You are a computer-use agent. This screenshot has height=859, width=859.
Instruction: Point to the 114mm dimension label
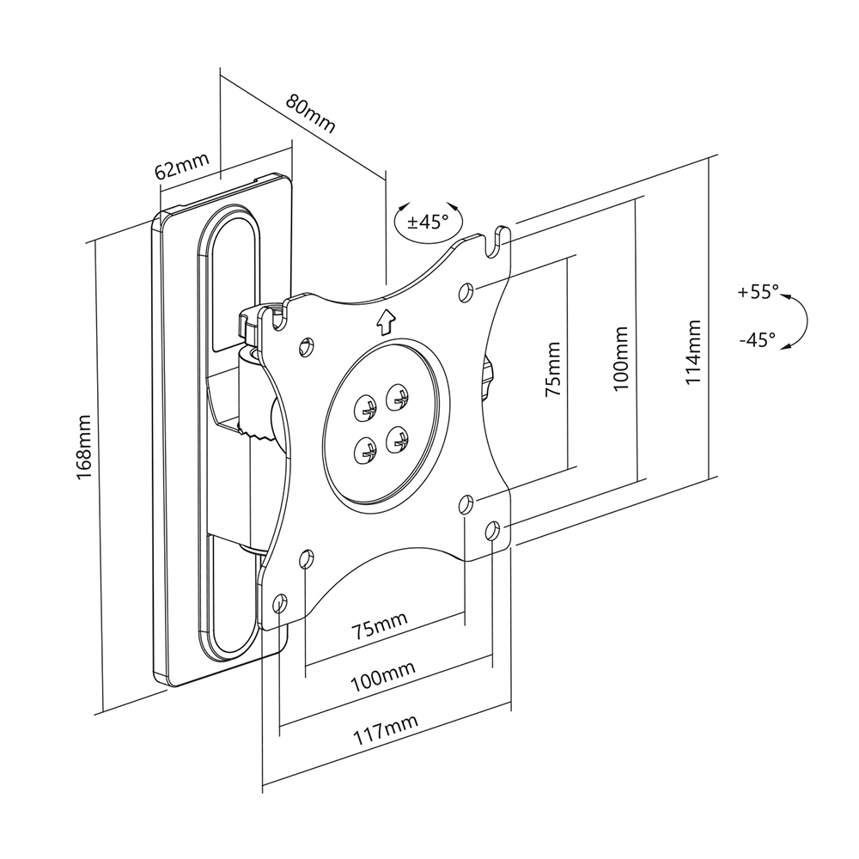(x=693, y=352)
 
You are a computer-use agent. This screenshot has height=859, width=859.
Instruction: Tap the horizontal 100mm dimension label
(x=383, y=679)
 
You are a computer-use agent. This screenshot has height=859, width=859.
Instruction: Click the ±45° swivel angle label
(x=428, y=222)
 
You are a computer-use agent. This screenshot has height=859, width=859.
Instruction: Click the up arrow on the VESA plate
(x=386, y=321)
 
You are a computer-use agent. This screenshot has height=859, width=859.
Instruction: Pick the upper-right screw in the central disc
(x=397, y=399)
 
